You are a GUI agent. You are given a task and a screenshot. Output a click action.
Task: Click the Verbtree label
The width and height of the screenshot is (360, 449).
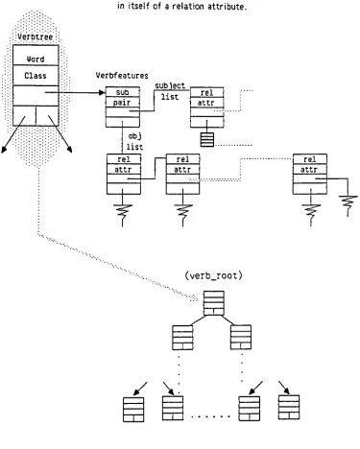36,36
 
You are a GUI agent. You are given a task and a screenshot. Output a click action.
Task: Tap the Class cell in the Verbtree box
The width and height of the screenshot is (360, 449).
36,76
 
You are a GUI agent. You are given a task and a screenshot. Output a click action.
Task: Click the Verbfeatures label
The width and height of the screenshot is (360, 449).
122,76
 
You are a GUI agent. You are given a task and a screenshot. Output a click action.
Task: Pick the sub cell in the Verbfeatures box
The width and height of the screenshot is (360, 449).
123,92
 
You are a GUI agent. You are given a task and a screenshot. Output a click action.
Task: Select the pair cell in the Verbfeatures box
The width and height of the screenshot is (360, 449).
123,103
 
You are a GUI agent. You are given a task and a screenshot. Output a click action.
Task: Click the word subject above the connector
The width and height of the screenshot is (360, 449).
170,85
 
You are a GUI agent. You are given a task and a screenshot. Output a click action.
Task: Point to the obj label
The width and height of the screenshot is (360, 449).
134,136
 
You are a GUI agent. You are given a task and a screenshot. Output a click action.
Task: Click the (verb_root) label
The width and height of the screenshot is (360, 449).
213,275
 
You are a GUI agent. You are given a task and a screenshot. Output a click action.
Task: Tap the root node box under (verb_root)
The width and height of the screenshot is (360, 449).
214,303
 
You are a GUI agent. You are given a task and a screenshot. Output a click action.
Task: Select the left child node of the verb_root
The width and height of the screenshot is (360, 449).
182,338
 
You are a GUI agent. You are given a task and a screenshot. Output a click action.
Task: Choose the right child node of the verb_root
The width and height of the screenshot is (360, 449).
241,338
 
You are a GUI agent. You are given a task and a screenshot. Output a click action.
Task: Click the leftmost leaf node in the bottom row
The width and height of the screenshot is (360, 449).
133,410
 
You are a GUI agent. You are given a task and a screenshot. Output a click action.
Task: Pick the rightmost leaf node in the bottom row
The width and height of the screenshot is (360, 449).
289,407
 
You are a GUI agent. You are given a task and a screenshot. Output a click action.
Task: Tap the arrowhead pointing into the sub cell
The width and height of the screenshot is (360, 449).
103,93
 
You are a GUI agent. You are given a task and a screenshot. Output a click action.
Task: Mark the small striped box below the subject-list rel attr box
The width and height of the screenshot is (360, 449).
207,139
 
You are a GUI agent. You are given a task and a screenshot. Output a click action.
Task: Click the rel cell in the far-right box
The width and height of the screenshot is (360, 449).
310,159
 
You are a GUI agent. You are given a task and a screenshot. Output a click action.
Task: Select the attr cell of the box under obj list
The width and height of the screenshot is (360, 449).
124,170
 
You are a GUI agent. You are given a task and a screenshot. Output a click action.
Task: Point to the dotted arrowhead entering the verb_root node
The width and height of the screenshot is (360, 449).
195,299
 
